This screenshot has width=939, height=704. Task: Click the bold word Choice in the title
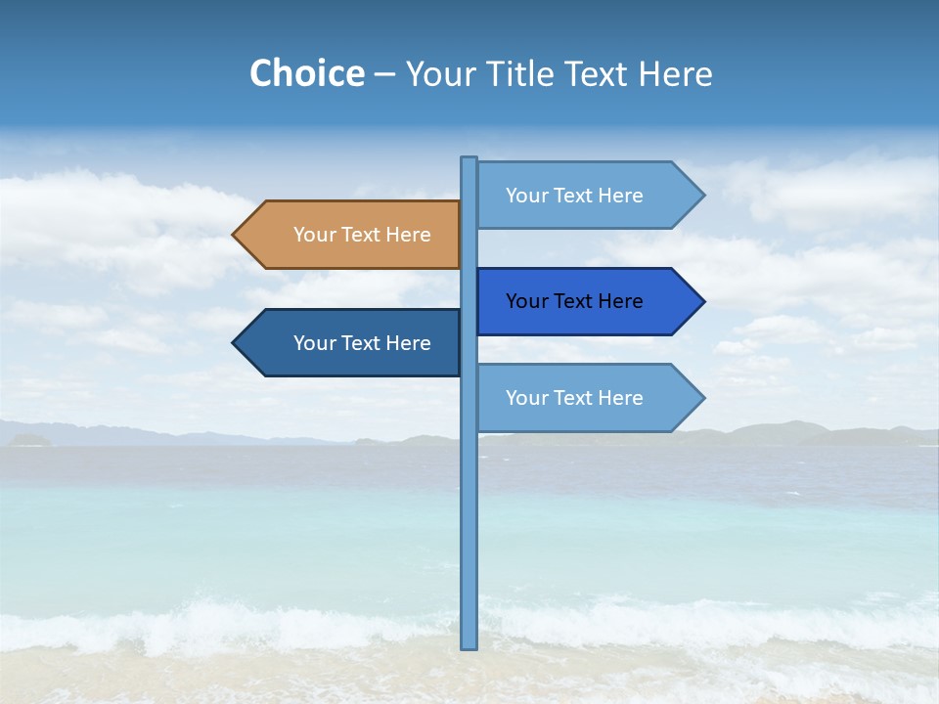coord(306,73)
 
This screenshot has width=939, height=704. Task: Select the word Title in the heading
coord(524,73)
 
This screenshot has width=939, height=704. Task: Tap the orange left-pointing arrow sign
coord(352,235)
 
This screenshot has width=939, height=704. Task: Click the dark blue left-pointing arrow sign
coord(352,343)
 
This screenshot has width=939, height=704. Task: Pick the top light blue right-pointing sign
coord(582,196)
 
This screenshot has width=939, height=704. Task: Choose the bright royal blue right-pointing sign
coord(582,301)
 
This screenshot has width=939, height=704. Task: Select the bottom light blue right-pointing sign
coord(582,398)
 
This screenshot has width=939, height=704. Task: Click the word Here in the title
coord(675,73)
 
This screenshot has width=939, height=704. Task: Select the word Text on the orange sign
coord(362,235)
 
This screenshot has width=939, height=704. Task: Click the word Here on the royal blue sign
coord(619,301)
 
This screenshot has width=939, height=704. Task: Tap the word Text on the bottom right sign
coord(574,398)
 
